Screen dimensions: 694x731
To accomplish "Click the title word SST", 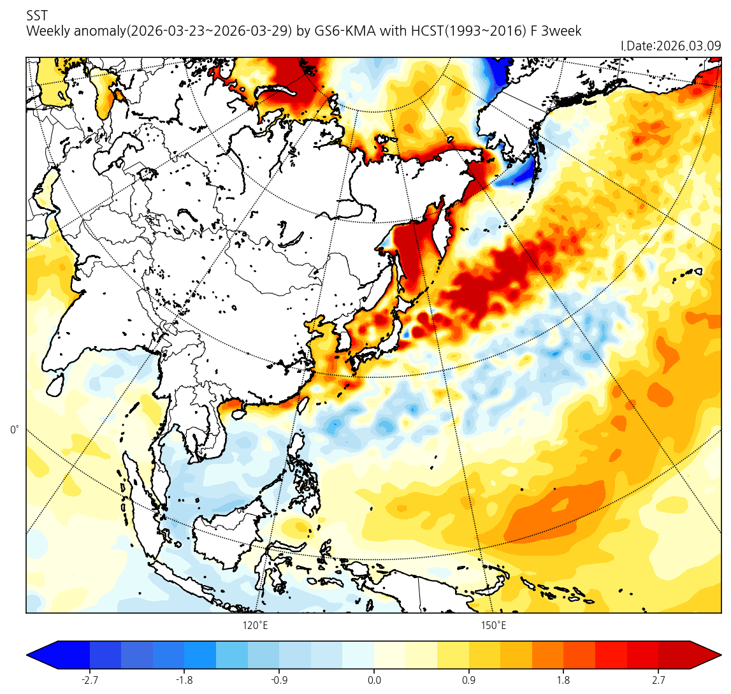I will pyautogui.click(x=37, y=15).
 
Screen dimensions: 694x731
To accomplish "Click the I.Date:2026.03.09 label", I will pyautogui.click(x=670, y=46).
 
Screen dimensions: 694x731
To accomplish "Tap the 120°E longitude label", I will pyautogui.click(x=255, y=626).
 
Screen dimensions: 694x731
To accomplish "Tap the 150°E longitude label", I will pyautogui.click(x=493, y=626).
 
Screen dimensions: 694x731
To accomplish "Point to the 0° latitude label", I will pyautogui.click(x=15, y=430).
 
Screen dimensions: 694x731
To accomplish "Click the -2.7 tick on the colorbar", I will pyautogui.click(x=89, y=680).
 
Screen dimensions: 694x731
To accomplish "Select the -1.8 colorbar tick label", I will pyautogui.click(x=184, y=680).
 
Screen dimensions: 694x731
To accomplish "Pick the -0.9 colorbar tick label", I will pyautogui.click(x=279, y=680).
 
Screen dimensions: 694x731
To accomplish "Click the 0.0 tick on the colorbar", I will pyautogui.click(x=374, y=680).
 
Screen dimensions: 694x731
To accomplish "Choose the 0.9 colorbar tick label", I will pyautogui.click(x=468, y=680).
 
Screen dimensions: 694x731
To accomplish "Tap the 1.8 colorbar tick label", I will pyautogui.click(x=563, y=680).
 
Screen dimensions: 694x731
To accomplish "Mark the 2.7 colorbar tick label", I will pyautogui.click(x=658, y=680).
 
